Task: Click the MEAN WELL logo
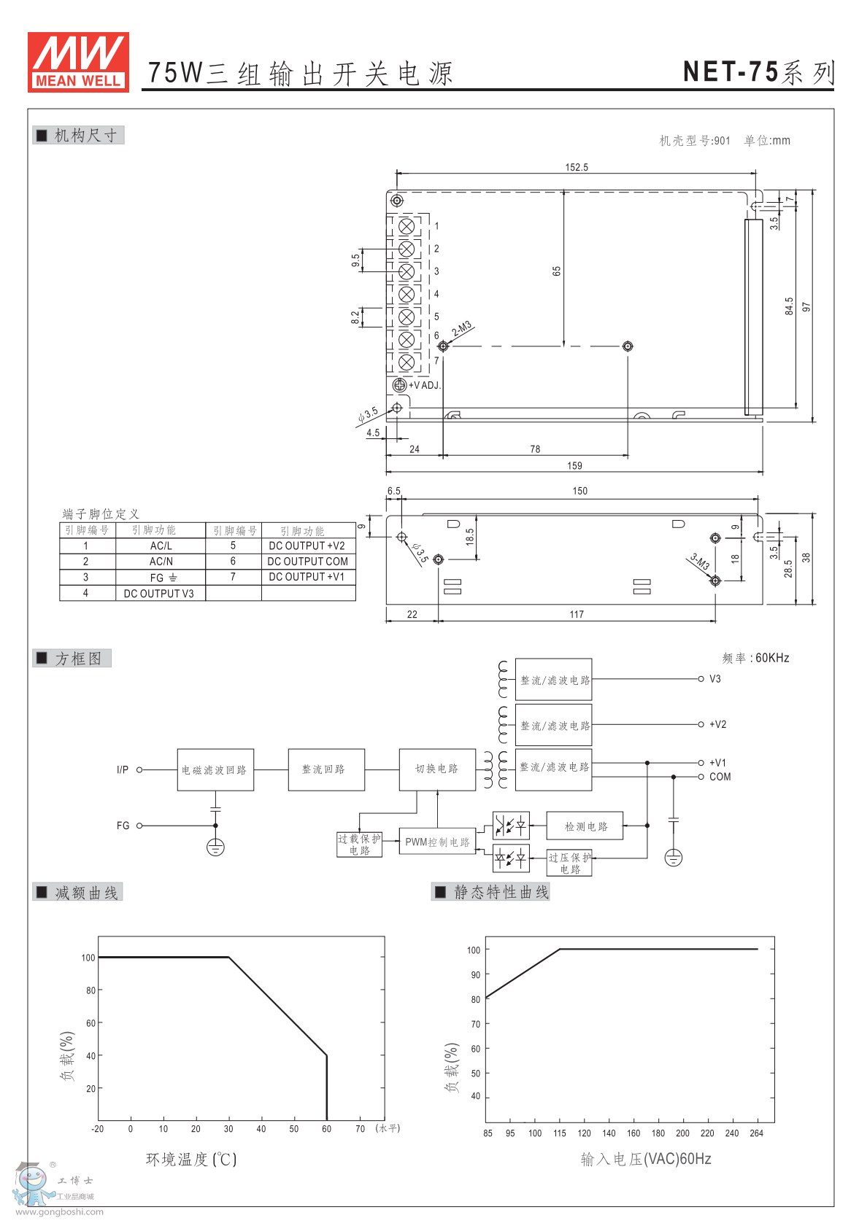[x=78, y=62]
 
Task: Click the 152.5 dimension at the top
[x=576, y=167]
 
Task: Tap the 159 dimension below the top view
[x=574, y=465]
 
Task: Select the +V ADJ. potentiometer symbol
[x=399, y=385]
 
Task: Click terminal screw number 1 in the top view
[x=407, y=226]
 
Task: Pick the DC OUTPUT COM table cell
[x=307, y=562]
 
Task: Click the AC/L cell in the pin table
[x=161, y=546]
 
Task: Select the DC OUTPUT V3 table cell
[x=158, y=594]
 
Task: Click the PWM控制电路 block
[x=437, y=842]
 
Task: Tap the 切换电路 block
[x=436, y=769]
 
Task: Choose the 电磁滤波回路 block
[x=215, y=770]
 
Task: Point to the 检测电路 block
[x=585, y=826]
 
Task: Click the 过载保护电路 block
[x=359, y=845]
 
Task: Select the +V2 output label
[x=717, y=725]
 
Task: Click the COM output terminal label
[x=720, y=777]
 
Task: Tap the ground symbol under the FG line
[x=215, y=847]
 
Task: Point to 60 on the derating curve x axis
[x=326, y=1129]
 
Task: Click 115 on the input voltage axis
[x=559, y=1133]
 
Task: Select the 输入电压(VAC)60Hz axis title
[x=645, y=1159]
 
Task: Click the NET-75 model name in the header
[x=731, y=71]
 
